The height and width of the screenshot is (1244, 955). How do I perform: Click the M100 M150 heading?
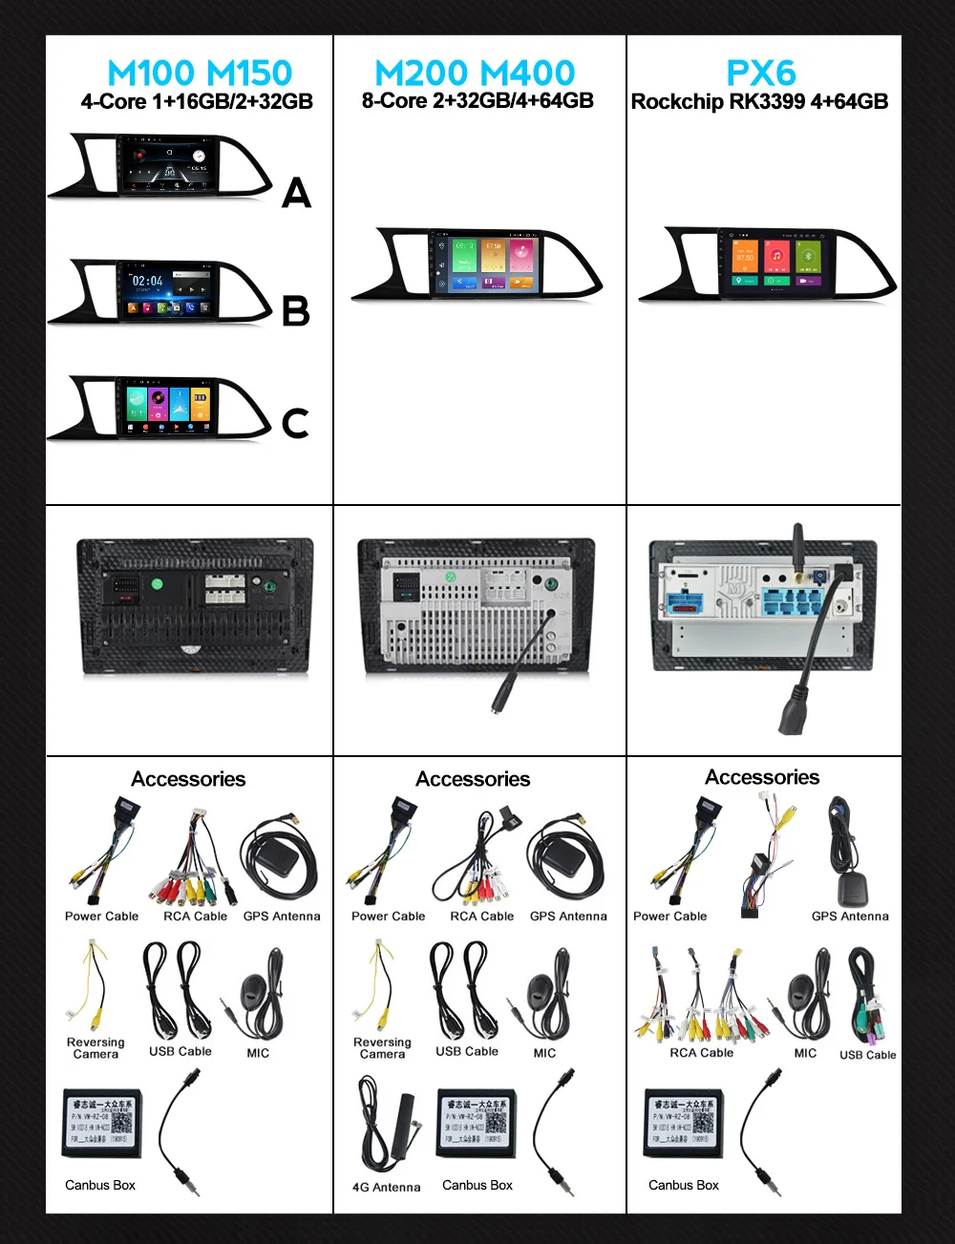pyautogui.click(x=199, y=73)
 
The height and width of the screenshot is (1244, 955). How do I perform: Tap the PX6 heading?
pyautogui.click(x=760, y=73)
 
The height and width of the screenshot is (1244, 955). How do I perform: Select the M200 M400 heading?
pyautogui.click(x=475, y=73)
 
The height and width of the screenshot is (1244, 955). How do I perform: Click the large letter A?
pyautogui.click(x=296, y=194)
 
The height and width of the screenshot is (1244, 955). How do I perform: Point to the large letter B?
pyautogui.click(x=296, y=311)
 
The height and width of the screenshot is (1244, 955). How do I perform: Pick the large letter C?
pyautogui.click(x=295, y=423)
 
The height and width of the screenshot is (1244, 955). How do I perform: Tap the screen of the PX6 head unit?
pyautogui.click(x=775, y=260)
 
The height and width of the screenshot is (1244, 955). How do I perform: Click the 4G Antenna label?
pyautogui.click(x=386, y=1188)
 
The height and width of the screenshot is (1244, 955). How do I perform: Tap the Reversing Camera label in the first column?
pyautogui.click(x=95, y=1048)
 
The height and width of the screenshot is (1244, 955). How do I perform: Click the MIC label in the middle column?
pyautogui.click(x=544, y=1053)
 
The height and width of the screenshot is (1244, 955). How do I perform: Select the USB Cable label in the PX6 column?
pyautogui.click(x=867, y=1055)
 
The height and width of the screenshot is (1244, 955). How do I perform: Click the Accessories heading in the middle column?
pyautogui.click(x=473, y=779)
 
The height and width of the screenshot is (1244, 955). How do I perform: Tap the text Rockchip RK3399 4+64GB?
pyautogui.click(x=759, y=101)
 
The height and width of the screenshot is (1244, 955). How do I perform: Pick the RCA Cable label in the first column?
pyautogui.click(x=195, y=917)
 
